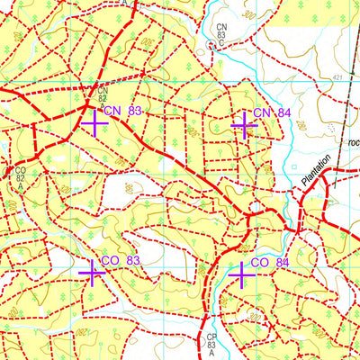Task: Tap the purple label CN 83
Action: pos(122,111)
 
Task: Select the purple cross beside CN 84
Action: pos(242,124)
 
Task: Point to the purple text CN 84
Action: pos(271,112)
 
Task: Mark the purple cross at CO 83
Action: pos(92,272)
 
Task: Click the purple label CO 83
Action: pos(121,260)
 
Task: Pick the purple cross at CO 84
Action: pos(240,272)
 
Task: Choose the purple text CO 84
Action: pos(269,262)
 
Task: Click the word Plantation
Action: pos(316,170)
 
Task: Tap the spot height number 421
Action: pos(337,79)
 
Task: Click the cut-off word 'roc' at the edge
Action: pos(353,141)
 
